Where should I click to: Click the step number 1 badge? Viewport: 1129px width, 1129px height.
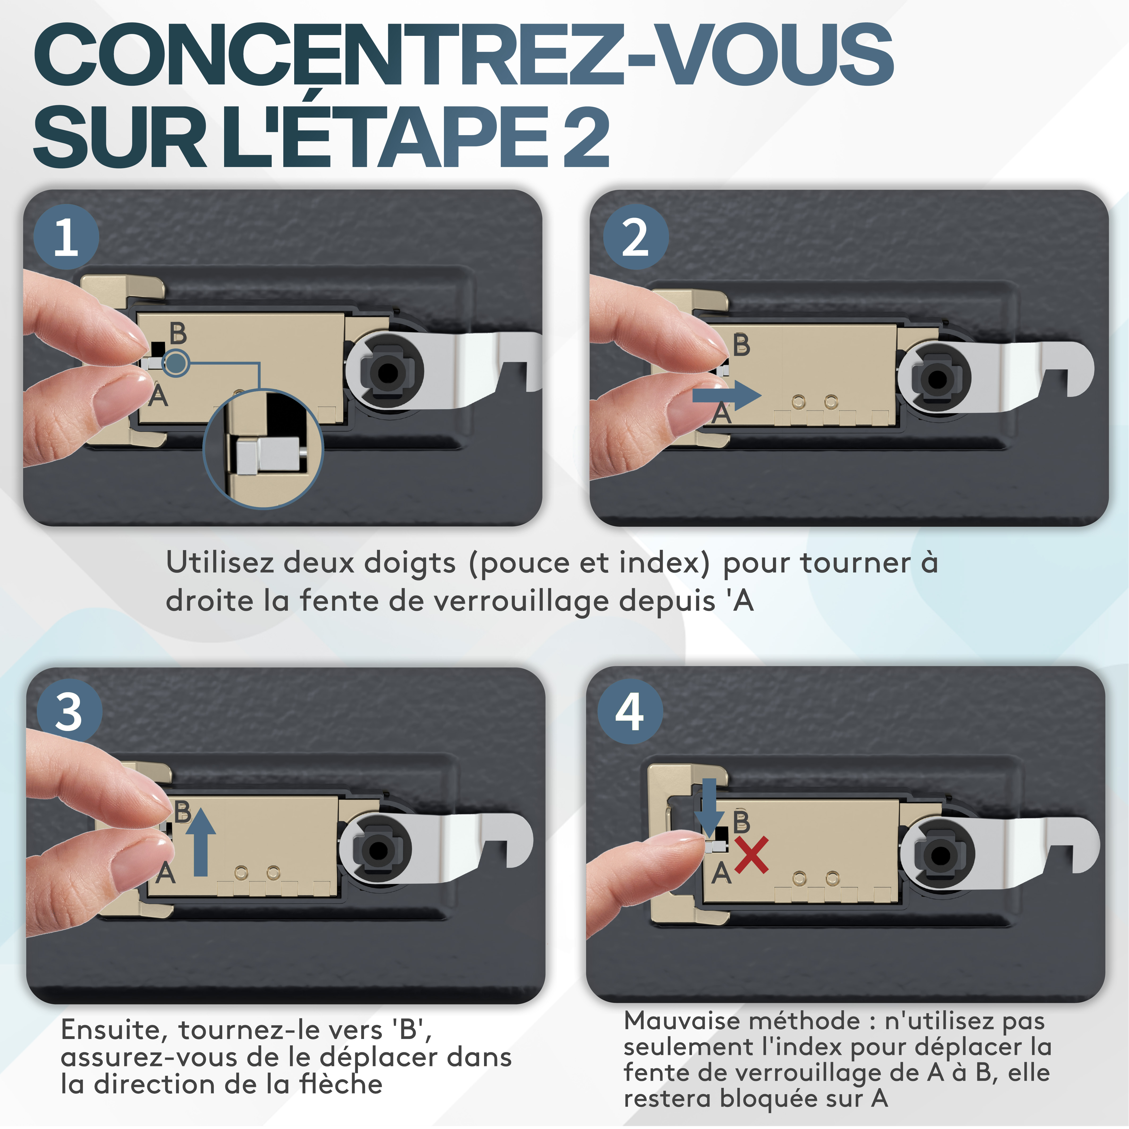[x=66, y=237]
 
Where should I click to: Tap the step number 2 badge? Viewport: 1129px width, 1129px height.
[x=636, y=237]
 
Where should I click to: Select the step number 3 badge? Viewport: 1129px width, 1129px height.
[x=70, y=712]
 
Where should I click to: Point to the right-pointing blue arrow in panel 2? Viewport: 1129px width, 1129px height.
[x=727, y=396]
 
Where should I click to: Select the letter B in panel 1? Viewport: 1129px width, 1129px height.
[x=178, y=334]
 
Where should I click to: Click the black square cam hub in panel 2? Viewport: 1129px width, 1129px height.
[x=937, y=379]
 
